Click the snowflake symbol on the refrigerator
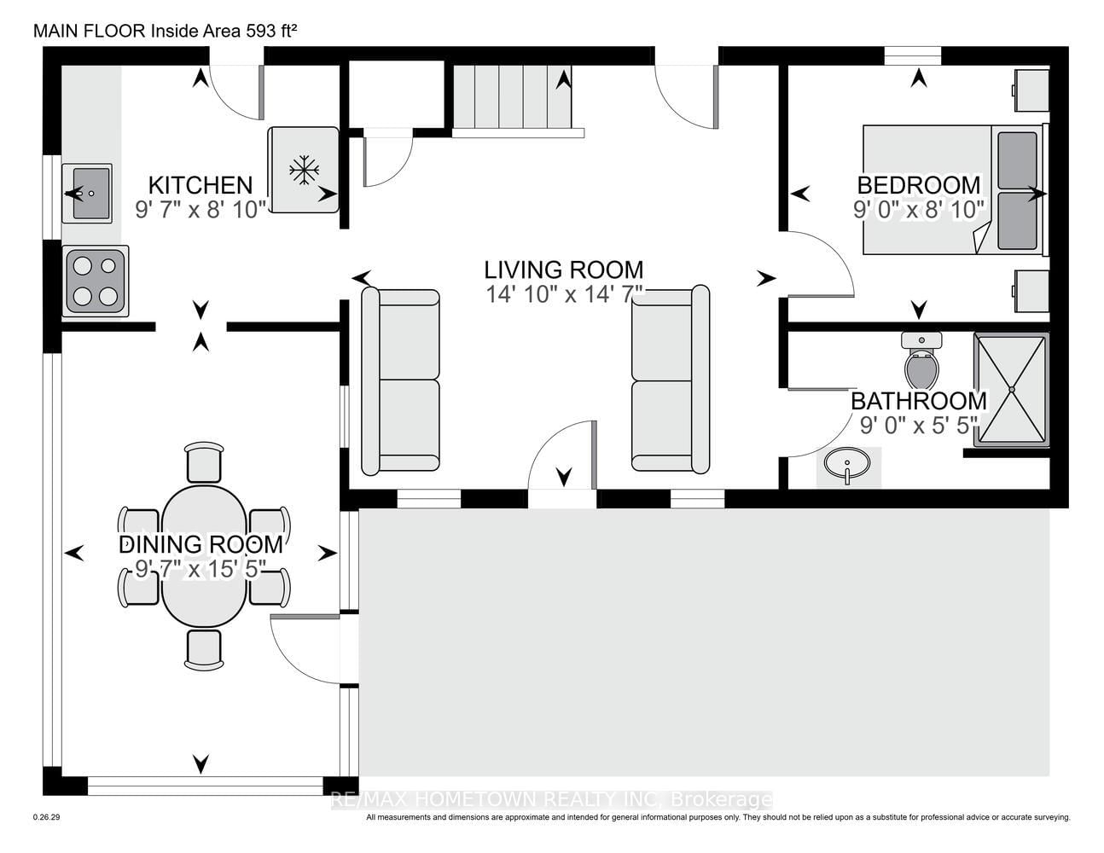[x=304, y=170]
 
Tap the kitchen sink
[x=87, y=193]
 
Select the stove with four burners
[x=95, y=281]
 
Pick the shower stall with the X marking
[x=1011, y=390]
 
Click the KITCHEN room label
[x=200, y=185]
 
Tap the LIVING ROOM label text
[x=563, y=270]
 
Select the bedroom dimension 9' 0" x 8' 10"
[x=919, y=210]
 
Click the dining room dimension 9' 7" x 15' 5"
[x=200, y=569]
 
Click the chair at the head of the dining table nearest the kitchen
[x=204, y=461]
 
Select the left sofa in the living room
[x=400, y=380]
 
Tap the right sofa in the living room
[x=670, y=380]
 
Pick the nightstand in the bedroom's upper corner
[x=1031, y=91]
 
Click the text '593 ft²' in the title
[x=271, y=32]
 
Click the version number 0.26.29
[x=47, y=832]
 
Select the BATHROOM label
[x=919, y=401]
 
